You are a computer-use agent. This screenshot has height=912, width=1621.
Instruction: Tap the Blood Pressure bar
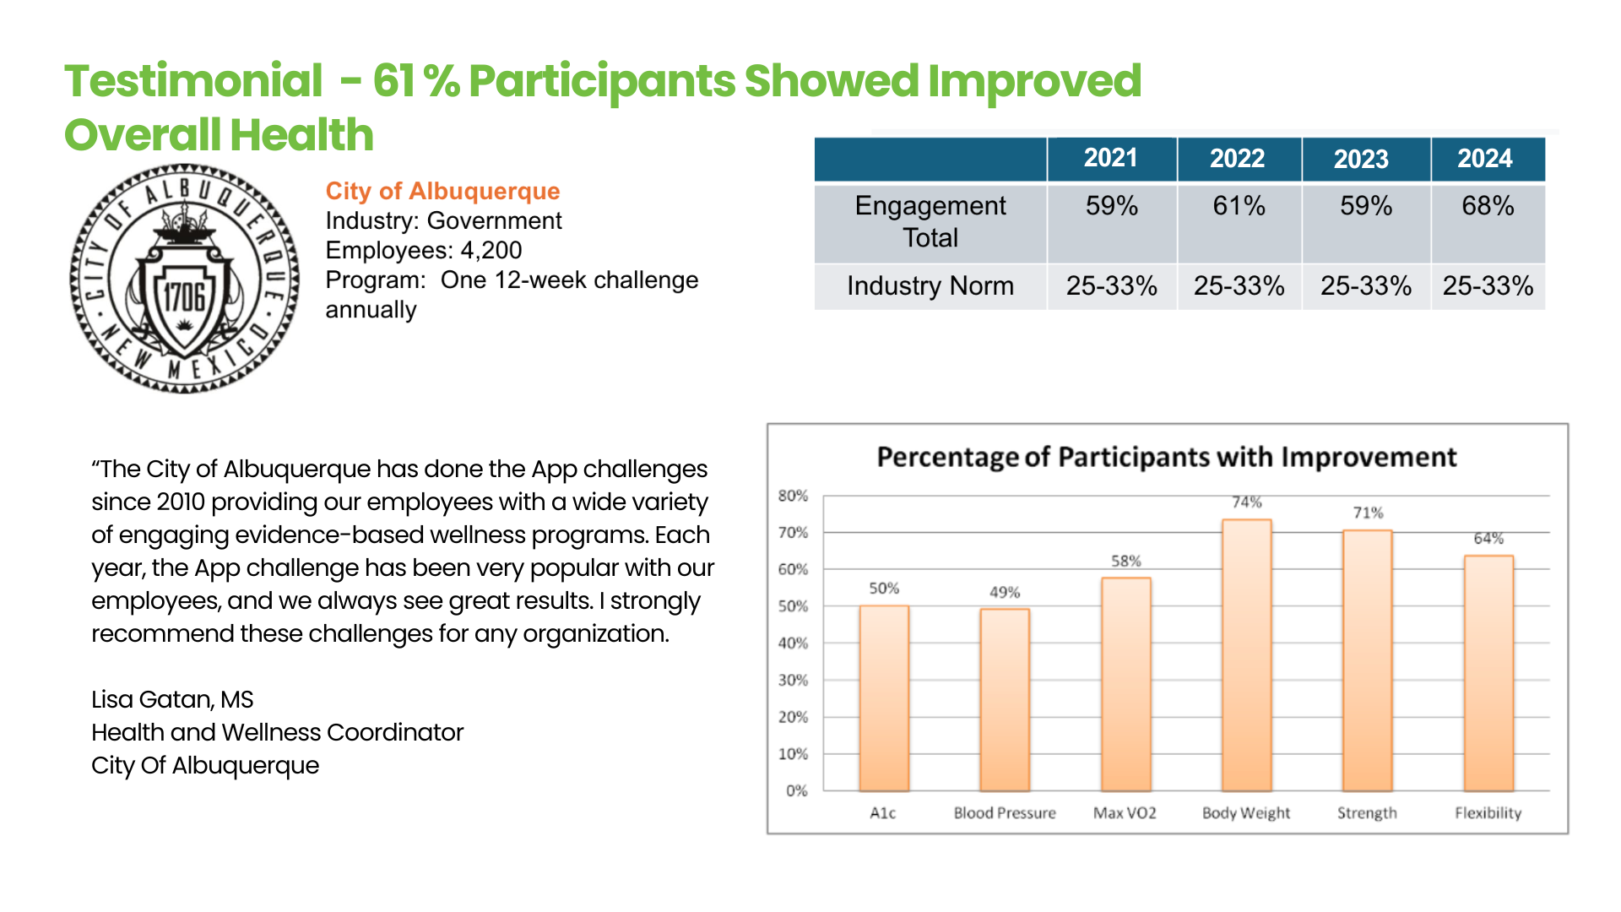tap(1005, 700)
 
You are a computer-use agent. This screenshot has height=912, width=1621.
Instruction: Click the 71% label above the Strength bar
tap(1368, 513)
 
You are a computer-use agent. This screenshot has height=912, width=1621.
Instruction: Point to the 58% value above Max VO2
tap(1125, 561)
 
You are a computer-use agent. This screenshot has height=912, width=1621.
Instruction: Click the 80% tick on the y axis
tap(793, 496)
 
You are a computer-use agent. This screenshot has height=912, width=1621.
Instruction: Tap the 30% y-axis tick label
tap(793, 680)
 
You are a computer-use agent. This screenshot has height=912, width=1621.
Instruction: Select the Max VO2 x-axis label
tap(1125, 812)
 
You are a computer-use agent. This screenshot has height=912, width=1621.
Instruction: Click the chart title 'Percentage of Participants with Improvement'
tap(1166, 457)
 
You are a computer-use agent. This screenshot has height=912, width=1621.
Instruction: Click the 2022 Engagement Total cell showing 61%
tap(1239, 206)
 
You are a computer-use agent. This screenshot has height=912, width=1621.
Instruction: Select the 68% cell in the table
tap(1488, 206)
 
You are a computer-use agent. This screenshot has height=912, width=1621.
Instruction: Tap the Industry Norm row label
tap(930, 286)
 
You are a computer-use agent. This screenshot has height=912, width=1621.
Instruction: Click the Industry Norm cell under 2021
tap(1111, 286)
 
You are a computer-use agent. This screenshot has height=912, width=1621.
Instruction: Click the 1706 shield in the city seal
tap(184, 297)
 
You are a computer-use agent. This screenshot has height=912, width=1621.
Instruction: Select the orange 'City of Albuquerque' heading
tap(442, 191)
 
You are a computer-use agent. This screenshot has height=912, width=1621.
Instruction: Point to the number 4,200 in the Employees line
tap(491, 250)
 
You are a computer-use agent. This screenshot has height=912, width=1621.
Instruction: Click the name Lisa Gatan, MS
tap(172, 699)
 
